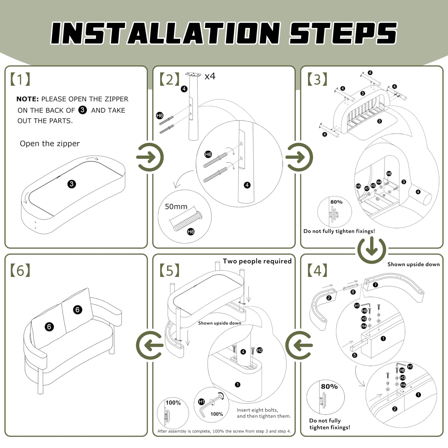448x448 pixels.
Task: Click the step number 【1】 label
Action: tap(20, 79)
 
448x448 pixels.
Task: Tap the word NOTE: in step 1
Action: tap(27, 99)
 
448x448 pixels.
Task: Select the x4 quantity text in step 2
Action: tap(210, 76)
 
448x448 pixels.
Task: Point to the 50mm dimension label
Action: tap(176, 207)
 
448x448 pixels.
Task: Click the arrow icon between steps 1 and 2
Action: tap(150, 157)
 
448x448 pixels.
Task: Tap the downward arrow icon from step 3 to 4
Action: tap(372, 250)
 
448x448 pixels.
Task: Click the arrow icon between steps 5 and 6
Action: tap(150, 345)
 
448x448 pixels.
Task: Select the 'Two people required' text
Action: tap(257, 261)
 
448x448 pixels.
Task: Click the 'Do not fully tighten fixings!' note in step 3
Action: tap(339, 231)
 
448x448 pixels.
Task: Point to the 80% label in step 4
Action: tap(329, 386)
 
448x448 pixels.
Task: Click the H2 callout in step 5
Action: tap(260, 350)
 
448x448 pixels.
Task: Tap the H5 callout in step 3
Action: tap(358, 186)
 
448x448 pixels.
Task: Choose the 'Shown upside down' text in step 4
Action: tap(413, 264)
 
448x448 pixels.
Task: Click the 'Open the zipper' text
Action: tap(50, 144)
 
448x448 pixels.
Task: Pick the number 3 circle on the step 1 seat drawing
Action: tap(71, 184)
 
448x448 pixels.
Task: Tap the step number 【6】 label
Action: tap(20, 271)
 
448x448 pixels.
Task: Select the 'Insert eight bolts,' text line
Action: tap(257, 410)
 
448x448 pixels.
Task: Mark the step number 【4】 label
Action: tap(317, 271)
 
